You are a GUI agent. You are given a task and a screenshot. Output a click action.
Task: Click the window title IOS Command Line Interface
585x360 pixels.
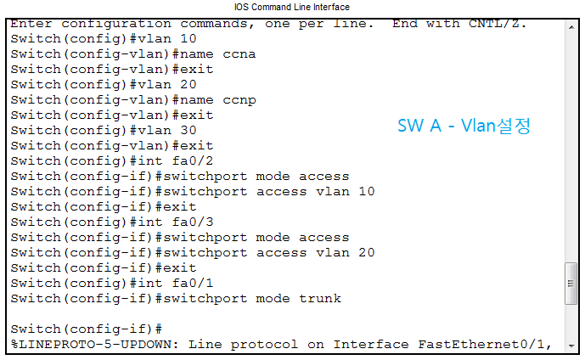(292, 7)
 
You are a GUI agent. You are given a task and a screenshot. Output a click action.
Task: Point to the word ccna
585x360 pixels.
(239, 54)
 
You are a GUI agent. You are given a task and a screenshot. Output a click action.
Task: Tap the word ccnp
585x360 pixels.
(239, 100)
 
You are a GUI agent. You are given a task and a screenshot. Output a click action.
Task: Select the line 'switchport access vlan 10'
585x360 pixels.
(268, 192)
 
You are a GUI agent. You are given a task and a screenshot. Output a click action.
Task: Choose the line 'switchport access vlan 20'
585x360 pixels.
(268, 253)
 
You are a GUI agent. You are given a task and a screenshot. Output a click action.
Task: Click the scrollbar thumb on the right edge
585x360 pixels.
(571, 283)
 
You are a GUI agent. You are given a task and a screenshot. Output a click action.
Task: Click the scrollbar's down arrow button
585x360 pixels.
(571, 344)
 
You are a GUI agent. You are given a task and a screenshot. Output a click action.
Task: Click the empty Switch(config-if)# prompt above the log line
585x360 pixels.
(86, 329)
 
